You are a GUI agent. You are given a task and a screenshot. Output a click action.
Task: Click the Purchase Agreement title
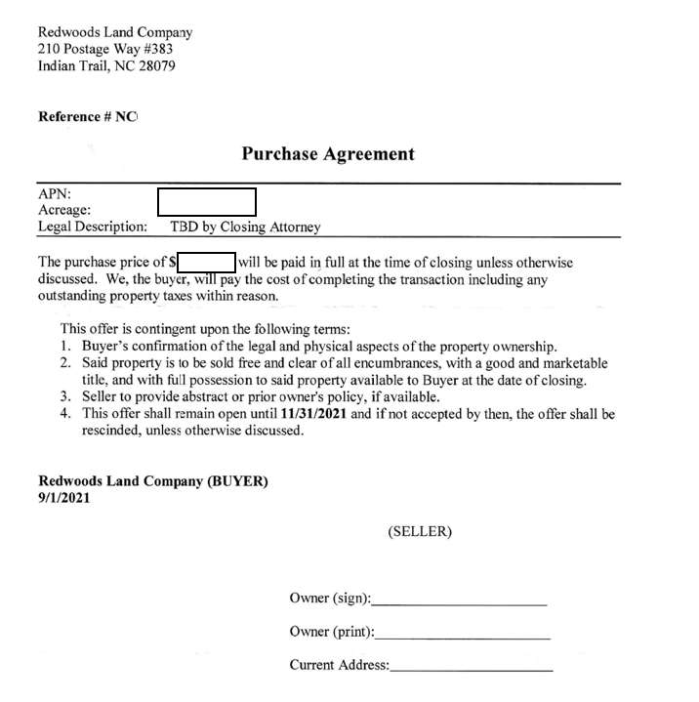[327, 153]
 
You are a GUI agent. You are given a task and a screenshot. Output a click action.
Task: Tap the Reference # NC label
[87, 117]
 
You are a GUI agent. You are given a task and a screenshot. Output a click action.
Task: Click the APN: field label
[55, 194]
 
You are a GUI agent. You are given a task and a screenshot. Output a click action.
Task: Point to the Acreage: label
[64, 210]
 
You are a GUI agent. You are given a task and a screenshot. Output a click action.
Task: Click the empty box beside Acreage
[206, 202]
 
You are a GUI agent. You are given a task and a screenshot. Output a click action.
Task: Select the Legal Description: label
[93, 227]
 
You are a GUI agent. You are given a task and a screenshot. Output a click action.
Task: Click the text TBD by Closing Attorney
[238, 227]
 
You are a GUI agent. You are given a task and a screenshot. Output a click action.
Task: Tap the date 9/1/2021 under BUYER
[64, 497]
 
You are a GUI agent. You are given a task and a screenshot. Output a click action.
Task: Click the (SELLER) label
[420, 532]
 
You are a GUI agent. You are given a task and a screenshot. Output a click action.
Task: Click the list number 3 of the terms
[65, 397]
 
